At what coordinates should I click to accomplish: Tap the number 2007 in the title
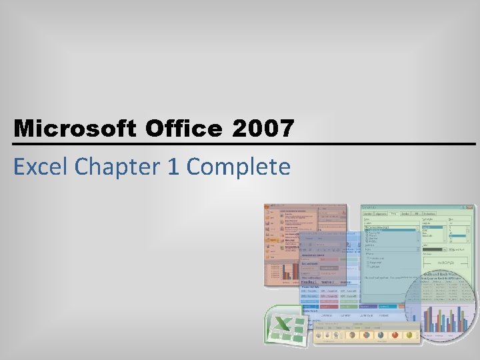click(263, 129)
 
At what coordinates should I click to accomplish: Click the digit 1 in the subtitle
click(173, 167)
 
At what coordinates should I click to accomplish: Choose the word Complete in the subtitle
click(238, 167)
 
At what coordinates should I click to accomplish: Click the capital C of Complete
click(193, 166)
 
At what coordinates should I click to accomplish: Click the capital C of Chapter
click(82, 166)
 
